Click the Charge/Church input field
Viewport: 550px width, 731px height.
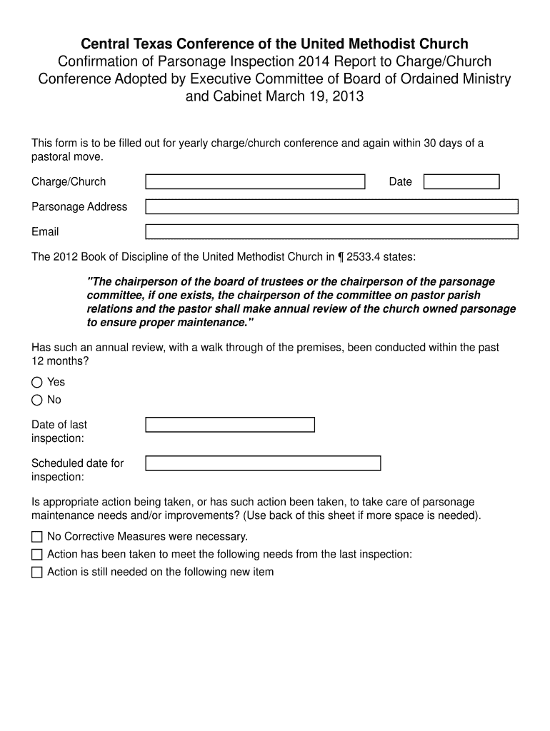pos(255,181)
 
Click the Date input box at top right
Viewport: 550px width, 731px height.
pos(461,181)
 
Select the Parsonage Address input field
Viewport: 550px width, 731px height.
pos(331,206)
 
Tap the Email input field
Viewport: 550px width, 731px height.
pos(331,231)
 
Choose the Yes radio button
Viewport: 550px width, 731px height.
pos(37,382)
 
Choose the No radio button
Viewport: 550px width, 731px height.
pos(37,400)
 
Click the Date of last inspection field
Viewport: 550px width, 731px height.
pos(230,425)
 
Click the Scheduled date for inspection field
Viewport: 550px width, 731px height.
pos(263,463)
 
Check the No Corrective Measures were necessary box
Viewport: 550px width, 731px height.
pos(37,536)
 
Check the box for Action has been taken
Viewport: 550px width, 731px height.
pos(37,554)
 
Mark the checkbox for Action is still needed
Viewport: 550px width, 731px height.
pos(37,572)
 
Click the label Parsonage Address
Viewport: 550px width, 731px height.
pos(79,206)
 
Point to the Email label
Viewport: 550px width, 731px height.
pos(45,231)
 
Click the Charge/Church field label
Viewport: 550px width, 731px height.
pos(69,181)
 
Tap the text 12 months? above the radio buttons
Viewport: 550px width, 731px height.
pos(60,361)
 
